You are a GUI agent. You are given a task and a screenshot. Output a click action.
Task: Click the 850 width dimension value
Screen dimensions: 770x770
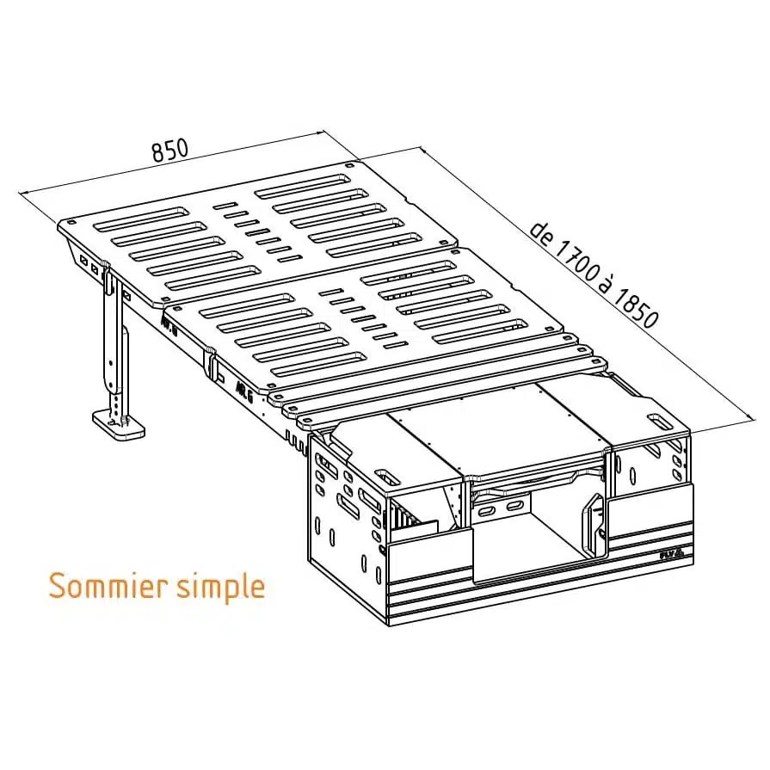click(169, 150)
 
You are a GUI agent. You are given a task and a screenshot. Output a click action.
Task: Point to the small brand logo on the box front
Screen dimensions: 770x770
click(671, 555)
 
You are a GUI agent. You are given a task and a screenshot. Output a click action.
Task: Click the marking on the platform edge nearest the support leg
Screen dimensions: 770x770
click(168, 325)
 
